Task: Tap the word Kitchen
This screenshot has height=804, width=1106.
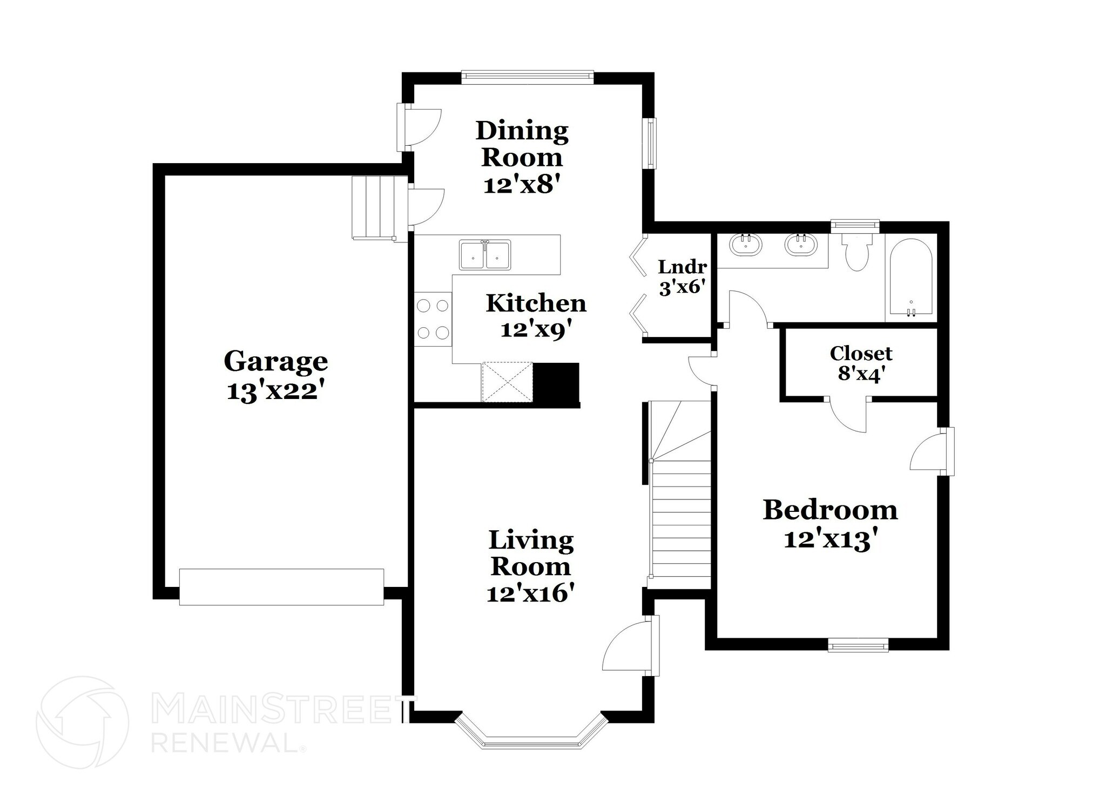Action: click(536, 303)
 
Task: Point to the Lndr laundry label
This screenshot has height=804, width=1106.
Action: click(682, 267)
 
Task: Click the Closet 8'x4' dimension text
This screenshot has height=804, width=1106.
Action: click(860, 374)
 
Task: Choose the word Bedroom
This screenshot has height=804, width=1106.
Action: click(830, 510)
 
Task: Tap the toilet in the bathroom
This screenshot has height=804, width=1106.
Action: click(857, 253)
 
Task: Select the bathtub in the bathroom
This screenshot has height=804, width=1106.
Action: click(911, 278)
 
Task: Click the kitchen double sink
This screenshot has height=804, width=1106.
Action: click(485, 255)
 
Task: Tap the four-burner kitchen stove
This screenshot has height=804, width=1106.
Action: click(433, 319)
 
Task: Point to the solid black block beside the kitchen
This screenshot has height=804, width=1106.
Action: click(556, 383)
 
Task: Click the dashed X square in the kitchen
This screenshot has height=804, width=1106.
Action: click(507, 382)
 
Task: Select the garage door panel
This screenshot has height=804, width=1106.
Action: click(281, 586)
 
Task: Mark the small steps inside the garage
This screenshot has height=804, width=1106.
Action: click(373, 207)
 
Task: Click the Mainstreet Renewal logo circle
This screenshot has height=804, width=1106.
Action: click(82, 722)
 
